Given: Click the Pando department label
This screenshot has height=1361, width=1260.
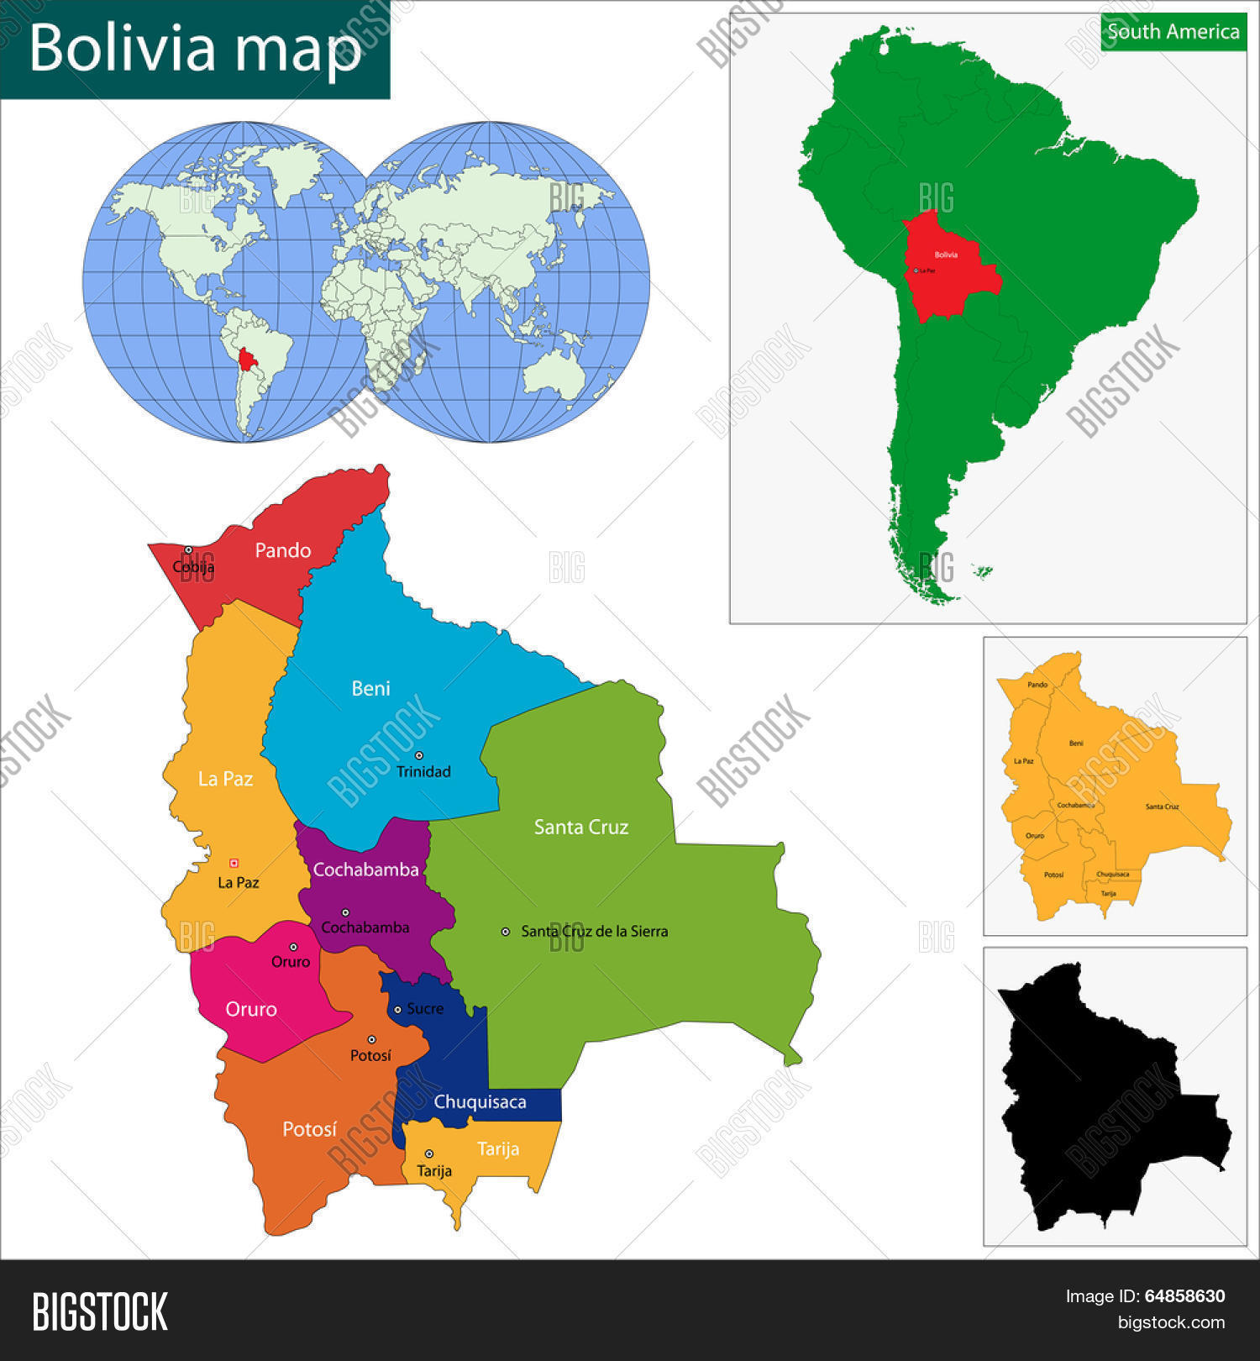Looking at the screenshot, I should pos(282,550).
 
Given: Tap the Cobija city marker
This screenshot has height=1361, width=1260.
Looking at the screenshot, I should pos(188,550).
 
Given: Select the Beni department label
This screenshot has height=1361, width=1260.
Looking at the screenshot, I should pos(370,689).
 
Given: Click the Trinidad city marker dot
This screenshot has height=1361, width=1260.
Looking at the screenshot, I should pos(419,755).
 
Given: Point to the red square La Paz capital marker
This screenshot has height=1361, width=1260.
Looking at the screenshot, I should pos(234,863).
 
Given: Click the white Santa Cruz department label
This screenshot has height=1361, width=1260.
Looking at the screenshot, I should pos(580,828).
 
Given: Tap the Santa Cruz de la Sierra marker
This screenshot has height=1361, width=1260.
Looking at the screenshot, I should pos(506,931).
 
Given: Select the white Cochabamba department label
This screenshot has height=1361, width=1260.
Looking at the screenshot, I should pos(365,870).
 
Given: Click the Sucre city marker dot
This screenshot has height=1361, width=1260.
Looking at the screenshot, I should pos(398,1009).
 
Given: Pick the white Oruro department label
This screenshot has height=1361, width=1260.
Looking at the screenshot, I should pos(250,1009).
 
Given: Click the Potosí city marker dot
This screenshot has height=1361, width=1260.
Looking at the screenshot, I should pos(371,1039).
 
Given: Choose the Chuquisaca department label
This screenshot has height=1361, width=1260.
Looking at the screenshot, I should pos(480,1102).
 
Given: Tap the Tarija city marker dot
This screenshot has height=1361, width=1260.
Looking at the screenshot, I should pos(429,1153).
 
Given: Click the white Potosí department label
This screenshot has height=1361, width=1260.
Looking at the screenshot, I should pos(309,1129).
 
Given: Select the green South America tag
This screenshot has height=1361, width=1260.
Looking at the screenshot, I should pos(1173,32).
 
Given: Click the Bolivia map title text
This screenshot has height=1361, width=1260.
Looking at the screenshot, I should pos(195,48).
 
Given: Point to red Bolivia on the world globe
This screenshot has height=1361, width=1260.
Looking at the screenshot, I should pos(247,360).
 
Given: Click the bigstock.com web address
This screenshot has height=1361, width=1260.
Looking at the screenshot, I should pos(1171,1322).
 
